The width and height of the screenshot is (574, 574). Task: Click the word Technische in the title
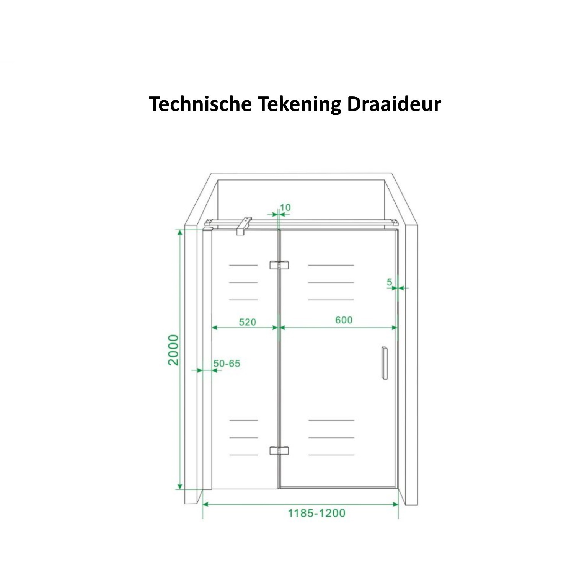pos(200,104)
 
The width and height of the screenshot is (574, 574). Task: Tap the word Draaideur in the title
pos(394,104)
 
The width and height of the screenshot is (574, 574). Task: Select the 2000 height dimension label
pos(173,350)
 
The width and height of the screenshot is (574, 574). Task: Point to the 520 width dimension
pos(247,322)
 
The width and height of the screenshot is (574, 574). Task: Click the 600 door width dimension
pos(344,320)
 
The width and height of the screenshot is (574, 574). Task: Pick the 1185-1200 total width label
pos(316,513)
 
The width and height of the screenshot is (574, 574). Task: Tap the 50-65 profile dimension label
pos(227,364)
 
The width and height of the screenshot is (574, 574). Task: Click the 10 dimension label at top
pos(285,207)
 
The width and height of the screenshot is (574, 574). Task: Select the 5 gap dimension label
pos(389,282)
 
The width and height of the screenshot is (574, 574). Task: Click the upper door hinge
pos(279,265)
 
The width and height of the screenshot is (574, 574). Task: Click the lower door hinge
pos(279,450)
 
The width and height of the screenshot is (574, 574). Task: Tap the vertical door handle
pos(384,363)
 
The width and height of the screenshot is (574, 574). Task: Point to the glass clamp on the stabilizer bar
pos(244,226)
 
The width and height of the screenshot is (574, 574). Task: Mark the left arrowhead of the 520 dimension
pos(214,328)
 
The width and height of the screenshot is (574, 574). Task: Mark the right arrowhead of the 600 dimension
pos(395,328)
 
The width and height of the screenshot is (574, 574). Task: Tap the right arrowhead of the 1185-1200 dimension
pos(396,504)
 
